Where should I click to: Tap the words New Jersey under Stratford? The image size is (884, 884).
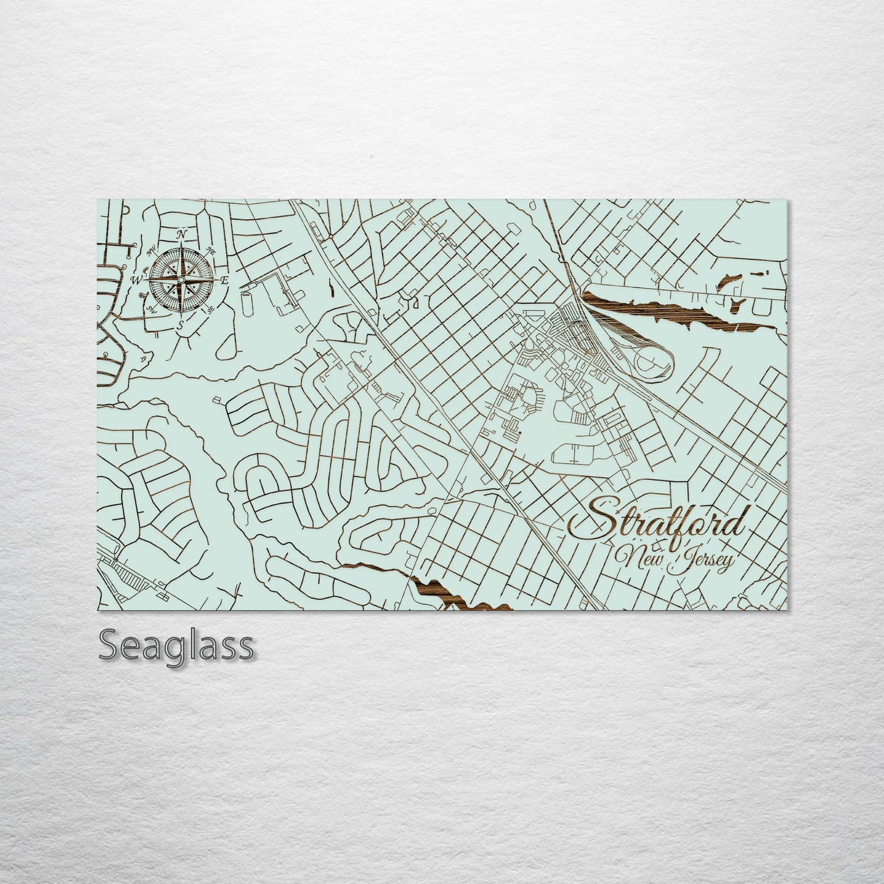point(674,559)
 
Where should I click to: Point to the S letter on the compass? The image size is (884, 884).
point(180,325)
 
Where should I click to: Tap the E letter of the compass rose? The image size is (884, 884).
point(224,280)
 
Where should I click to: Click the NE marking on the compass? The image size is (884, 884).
point(212,250)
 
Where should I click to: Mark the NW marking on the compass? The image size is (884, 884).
point(149,250)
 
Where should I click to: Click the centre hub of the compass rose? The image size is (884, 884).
point(180,280)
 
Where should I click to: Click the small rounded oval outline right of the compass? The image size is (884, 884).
point(247,302)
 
